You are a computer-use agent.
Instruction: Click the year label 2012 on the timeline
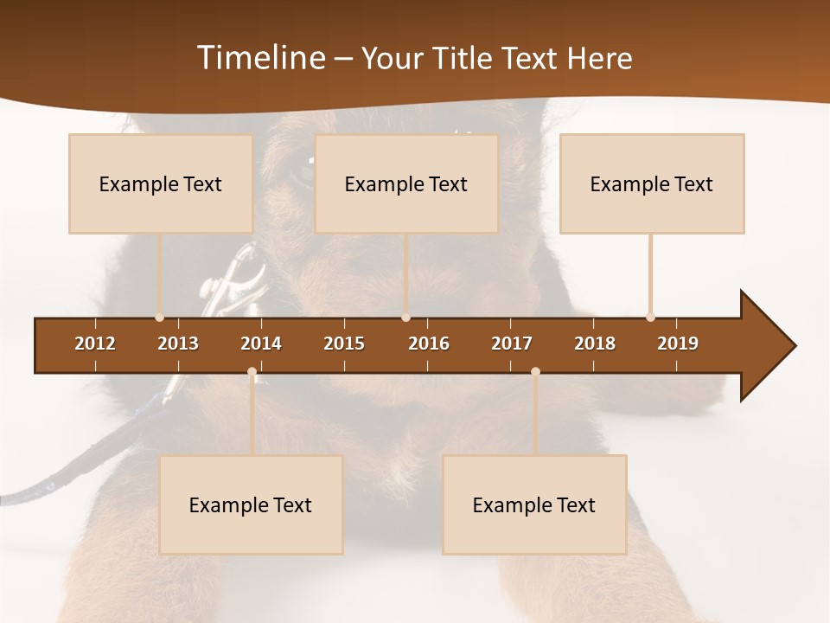coord(95,344)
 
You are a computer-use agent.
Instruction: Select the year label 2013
coord(178,344)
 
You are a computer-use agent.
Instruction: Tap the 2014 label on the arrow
coord(261,344)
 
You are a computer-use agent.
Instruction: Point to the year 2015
coord(344,344)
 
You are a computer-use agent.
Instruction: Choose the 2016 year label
coord(429,344)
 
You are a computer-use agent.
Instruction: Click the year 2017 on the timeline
coord(512,344)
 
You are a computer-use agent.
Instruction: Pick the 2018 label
coord(595,344)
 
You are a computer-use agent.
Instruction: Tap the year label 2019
coord(678,344)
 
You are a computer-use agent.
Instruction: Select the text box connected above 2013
coord(161,183)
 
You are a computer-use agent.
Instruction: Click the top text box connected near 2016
coord(406,183)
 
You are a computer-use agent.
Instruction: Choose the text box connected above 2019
coord(652,183)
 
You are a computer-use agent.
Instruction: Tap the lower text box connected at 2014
coord(251,504)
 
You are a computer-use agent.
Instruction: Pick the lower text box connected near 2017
coord(534,504)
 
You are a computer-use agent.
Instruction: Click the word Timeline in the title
coord(259,58)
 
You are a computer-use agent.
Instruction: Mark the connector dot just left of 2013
coord(159,318)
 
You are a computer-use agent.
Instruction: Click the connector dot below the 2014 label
coord(252,372)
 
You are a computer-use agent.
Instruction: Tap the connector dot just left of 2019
coord(650,318)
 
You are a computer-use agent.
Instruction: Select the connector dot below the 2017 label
coord(535,372)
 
